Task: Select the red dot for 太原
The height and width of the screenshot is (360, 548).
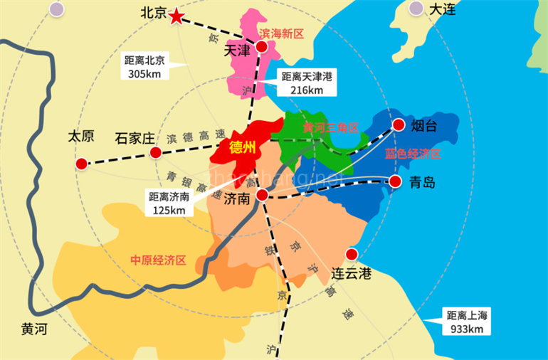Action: [81, 164]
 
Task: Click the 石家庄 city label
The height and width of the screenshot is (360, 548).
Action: [135, 138]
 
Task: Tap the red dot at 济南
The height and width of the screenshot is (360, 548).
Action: [262, 194]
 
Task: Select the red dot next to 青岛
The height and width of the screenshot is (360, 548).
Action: [394, 182]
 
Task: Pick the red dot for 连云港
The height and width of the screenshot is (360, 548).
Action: [352, 255]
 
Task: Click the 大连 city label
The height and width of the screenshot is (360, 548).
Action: [442, 9]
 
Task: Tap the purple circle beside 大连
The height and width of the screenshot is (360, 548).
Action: [417, 8]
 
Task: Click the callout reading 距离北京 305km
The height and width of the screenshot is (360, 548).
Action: [144, 67]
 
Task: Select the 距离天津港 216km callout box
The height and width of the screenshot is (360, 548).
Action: [307, 83]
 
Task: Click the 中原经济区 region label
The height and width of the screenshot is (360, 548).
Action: [158, 260]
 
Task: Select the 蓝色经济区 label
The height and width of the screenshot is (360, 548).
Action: [413, 154]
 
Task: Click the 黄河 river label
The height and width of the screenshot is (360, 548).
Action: [33, 329]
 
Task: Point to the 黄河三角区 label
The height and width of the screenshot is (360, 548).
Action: [330, 127]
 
